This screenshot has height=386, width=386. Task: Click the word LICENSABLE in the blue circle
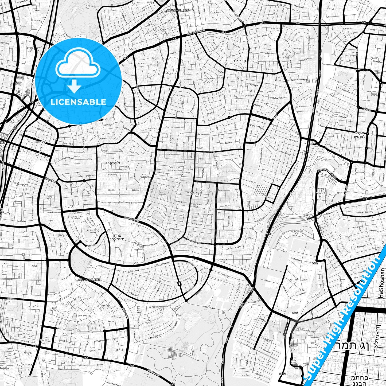coord(78,102)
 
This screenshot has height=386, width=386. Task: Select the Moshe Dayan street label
coord(194,241)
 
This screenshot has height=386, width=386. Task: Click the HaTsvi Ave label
coord(210,308)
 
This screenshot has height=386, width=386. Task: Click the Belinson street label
coord(361,247)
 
